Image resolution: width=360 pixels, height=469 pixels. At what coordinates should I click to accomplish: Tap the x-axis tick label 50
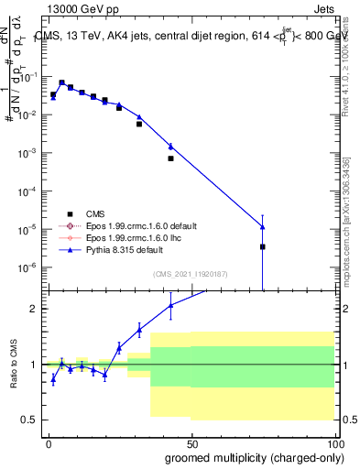[x=191, y=442]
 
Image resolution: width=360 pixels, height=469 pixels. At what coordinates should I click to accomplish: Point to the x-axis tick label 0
[x=49, y=442]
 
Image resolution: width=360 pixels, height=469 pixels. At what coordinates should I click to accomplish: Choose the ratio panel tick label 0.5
[x=31, y=420]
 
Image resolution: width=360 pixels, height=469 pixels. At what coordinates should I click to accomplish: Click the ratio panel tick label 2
[x=35, y=309]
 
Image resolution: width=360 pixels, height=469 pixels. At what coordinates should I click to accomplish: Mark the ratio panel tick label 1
[x=35, y=365]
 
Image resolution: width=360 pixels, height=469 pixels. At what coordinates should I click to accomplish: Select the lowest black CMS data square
[x=263, y=246]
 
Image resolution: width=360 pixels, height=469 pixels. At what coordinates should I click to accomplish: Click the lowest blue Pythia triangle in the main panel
[x=263, y=227]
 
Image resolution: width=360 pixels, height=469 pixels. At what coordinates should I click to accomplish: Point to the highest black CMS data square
[x=62, y=82]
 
